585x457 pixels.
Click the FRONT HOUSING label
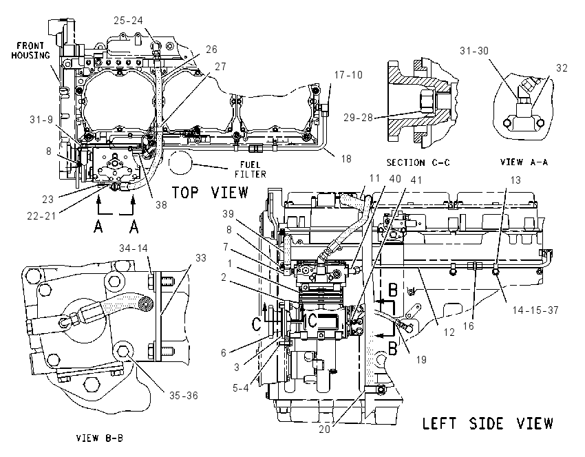point(30,51)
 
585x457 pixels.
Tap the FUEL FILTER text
point(251,169)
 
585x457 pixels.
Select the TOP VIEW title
point(210,193)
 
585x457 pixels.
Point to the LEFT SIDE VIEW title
point(488,423)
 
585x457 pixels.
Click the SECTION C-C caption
point(418,162)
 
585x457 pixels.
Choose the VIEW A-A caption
point(524,162)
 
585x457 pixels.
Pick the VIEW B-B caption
point(99,438)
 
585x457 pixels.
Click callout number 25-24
point(128,21)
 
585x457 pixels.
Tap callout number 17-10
point(348,75)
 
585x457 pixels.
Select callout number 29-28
point(358,118)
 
